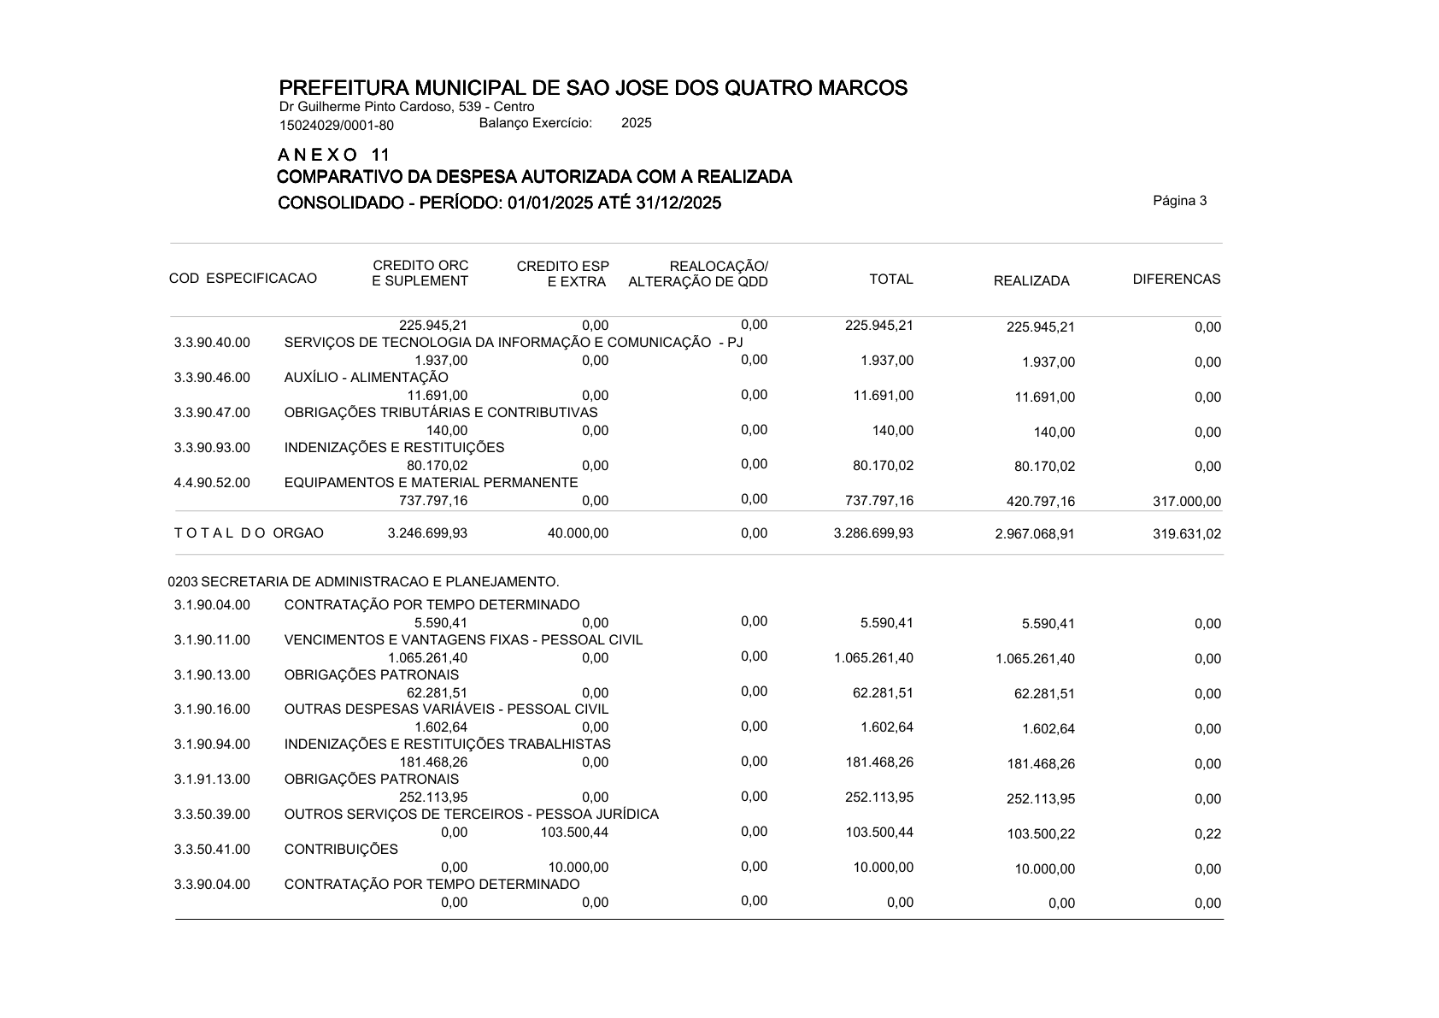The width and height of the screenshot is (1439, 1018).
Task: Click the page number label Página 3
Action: pos(1179,202)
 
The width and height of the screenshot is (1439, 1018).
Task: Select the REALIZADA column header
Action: pos(1031,281)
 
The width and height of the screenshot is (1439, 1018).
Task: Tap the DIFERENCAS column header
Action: pos(1176,280)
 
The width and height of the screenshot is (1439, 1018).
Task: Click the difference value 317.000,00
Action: pos(1187,502)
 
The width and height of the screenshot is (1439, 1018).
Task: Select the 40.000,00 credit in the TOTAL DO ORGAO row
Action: pos(578,533)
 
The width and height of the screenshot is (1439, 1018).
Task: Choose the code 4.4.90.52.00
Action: pos(212,483)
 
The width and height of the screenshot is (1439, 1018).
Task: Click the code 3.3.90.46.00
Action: pos(212,378)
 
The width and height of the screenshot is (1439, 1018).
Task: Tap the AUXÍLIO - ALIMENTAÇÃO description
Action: pos(366,378)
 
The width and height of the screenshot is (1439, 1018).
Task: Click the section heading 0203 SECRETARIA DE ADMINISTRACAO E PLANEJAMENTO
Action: pos(363,582)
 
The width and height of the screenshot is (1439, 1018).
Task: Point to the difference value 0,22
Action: pos(1207,834)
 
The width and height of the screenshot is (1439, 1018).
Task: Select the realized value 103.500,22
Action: pos(1041,834)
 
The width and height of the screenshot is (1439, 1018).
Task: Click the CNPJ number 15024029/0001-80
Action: pos(337,126)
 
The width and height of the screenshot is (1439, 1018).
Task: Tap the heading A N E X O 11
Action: pos(333,155)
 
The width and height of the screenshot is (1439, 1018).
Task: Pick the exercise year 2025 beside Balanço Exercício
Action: pos(636,123)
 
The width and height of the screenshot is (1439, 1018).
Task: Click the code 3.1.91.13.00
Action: pos(212,780)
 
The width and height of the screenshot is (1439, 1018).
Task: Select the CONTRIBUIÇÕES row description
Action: pos(341,850)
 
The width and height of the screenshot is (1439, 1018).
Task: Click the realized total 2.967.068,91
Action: pos(1035,534)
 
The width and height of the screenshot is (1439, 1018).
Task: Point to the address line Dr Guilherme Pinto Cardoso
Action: pos(407,107)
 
